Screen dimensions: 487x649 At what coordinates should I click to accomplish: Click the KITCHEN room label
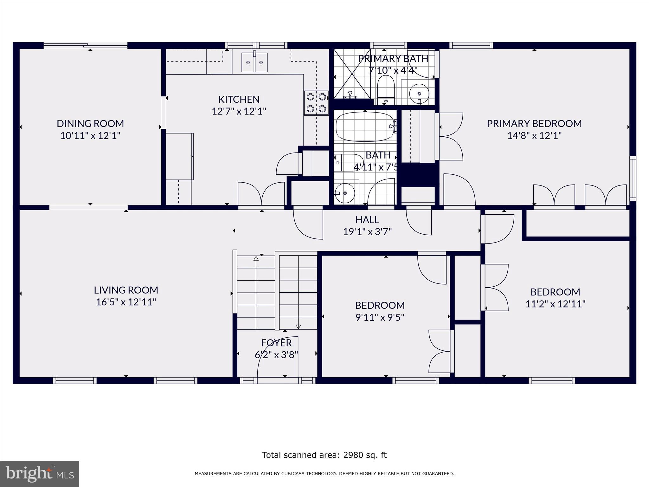click(239, 99)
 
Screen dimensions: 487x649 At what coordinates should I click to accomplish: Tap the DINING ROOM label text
click(90, 123)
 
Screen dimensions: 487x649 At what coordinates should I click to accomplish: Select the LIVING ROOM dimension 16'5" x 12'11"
click(126, 302)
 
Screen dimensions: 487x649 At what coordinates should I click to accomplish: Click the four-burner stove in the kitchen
click(316, 103)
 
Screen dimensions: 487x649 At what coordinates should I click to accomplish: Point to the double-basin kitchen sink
click(254, 62)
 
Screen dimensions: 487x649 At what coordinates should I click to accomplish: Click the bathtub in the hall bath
click(364, 127)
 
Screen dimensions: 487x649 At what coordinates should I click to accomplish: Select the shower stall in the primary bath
click(352, 74)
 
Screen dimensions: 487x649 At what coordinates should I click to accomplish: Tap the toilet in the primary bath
click(386, 87)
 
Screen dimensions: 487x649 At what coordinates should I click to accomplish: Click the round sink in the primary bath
click(419, 93)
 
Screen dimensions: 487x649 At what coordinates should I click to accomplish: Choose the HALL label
click(367, 220)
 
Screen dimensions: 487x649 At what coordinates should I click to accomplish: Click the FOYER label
click(276, 343)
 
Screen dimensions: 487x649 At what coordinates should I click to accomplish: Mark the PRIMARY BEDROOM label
click(534, 123)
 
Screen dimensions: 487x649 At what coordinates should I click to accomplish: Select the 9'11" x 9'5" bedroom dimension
click(380, 317)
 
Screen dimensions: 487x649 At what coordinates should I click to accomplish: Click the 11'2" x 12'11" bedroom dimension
click(555, 304)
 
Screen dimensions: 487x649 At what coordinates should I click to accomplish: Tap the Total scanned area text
click(324, 455)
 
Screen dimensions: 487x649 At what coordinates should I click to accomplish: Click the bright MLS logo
click(40, 474)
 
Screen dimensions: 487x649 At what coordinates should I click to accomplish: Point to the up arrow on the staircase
click(256, 258)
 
